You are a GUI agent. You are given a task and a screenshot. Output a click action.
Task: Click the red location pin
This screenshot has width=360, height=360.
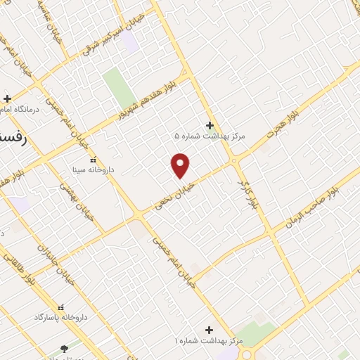pyautogui.click(x=181, y=165)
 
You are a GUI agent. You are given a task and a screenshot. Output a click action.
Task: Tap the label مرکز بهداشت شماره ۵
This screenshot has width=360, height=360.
pyautogui.click(x=210, y=136)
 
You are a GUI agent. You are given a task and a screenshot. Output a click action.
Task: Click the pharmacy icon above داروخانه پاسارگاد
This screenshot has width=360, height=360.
pyautogui.click(x=60, y=307)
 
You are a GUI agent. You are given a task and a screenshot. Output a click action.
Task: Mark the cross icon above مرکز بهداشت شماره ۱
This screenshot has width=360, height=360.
pyautogui.click(x=208, y=329)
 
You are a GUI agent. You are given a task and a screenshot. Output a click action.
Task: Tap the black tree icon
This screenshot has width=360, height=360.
pyautogui.click(x=65, y=348)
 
